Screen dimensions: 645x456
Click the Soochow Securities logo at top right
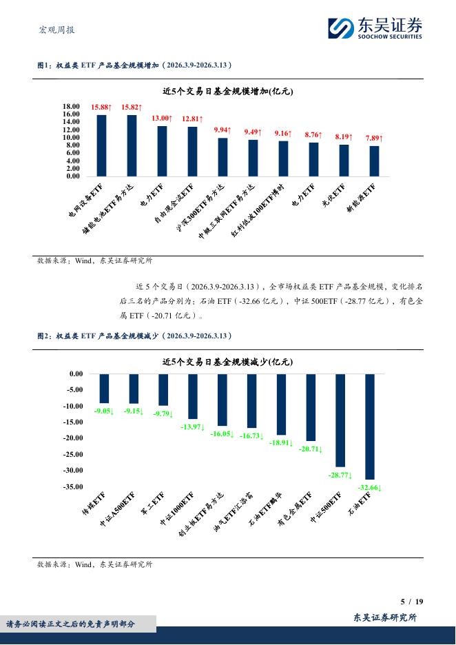tap(375, 28)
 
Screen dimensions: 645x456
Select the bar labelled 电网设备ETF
tap(101, 145)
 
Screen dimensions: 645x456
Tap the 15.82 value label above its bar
tap(131, 107)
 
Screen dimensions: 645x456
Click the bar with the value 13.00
tap(162, 151)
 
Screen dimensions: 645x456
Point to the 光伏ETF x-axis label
tap(334, 197)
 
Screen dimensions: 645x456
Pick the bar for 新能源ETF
tap(374, 161)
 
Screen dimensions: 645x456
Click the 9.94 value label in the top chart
tap(222, 130)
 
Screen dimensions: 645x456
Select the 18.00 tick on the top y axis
tap(72, 106)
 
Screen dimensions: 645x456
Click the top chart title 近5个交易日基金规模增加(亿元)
tap(227, 92)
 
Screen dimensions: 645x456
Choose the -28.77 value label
tap(340, 475)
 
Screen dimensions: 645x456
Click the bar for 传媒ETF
tap(104, 389)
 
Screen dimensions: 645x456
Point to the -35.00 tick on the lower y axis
tap(71, 487)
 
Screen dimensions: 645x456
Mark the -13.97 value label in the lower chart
tap(192, 427)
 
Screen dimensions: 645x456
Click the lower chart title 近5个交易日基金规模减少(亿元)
tap(227, 362)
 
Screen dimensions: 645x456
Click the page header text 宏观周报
tap(56, 30)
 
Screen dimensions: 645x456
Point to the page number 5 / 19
tap(411, 602)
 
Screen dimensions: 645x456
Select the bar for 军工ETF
tap(163, 390)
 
